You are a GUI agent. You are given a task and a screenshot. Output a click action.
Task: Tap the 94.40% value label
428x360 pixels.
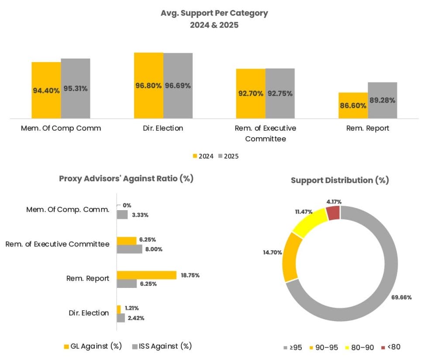pos(46,90)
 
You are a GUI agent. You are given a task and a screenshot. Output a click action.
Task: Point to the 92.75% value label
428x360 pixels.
pos(280,93)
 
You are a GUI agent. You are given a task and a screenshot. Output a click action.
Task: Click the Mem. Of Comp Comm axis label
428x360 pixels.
pos(61,128)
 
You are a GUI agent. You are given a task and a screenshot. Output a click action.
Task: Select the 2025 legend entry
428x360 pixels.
pos(228,156)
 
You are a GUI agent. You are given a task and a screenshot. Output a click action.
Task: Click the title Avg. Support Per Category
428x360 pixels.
pos(214,13)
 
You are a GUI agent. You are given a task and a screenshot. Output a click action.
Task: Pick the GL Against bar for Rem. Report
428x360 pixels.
pos(146,275)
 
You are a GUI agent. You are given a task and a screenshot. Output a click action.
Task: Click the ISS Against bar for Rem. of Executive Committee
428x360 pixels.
pos(129,249)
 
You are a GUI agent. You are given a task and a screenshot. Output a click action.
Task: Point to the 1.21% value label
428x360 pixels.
pos(131,308)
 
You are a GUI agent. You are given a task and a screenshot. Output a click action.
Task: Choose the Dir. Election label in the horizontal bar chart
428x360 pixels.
pos(89,313)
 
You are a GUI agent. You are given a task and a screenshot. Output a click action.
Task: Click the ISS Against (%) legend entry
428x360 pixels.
pos(162,346)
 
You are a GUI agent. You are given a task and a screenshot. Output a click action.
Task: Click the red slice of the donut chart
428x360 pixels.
pos(333,213)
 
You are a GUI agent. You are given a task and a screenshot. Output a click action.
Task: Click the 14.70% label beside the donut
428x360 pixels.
pos(273,253)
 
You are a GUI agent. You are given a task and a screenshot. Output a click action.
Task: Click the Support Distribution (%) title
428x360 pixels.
pos(339,180)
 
